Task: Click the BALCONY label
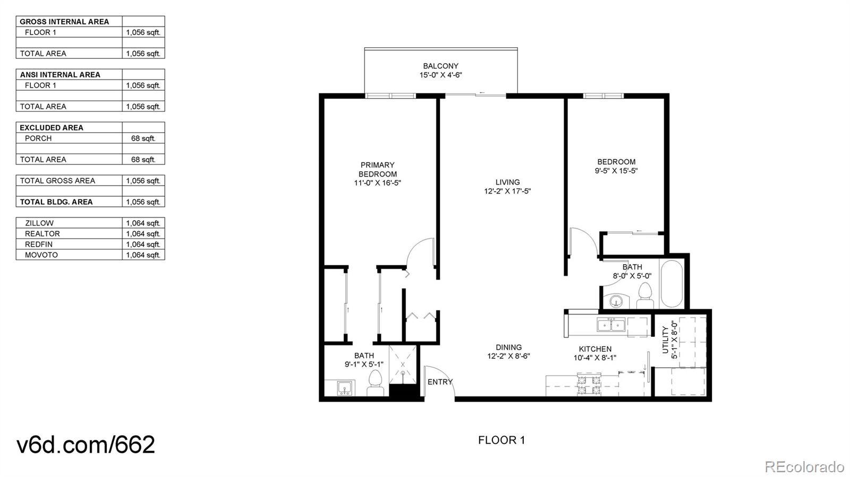tap(440, 66)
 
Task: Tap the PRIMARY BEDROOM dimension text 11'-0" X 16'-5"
tap(377, 183)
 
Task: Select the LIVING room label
tap(507, 182)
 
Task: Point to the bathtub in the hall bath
tap(671, 283)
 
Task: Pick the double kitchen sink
tap(611, 325)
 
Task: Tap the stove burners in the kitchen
tap(589, 384)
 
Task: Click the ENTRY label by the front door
tap(440, 382)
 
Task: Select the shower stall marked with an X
tap(403, 365)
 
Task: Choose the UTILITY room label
tap(665, 340)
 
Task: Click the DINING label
tap(508, 348)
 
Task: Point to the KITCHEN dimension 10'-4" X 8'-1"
tap(594, 358)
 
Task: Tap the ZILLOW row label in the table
tap(39, 223)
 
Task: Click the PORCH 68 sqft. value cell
tap(143, 138)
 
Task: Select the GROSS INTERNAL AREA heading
tap(64, 22)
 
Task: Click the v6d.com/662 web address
tap(86, 445)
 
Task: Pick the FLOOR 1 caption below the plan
tap(501, 440)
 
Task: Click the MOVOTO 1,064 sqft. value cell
tap(143, 255)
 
